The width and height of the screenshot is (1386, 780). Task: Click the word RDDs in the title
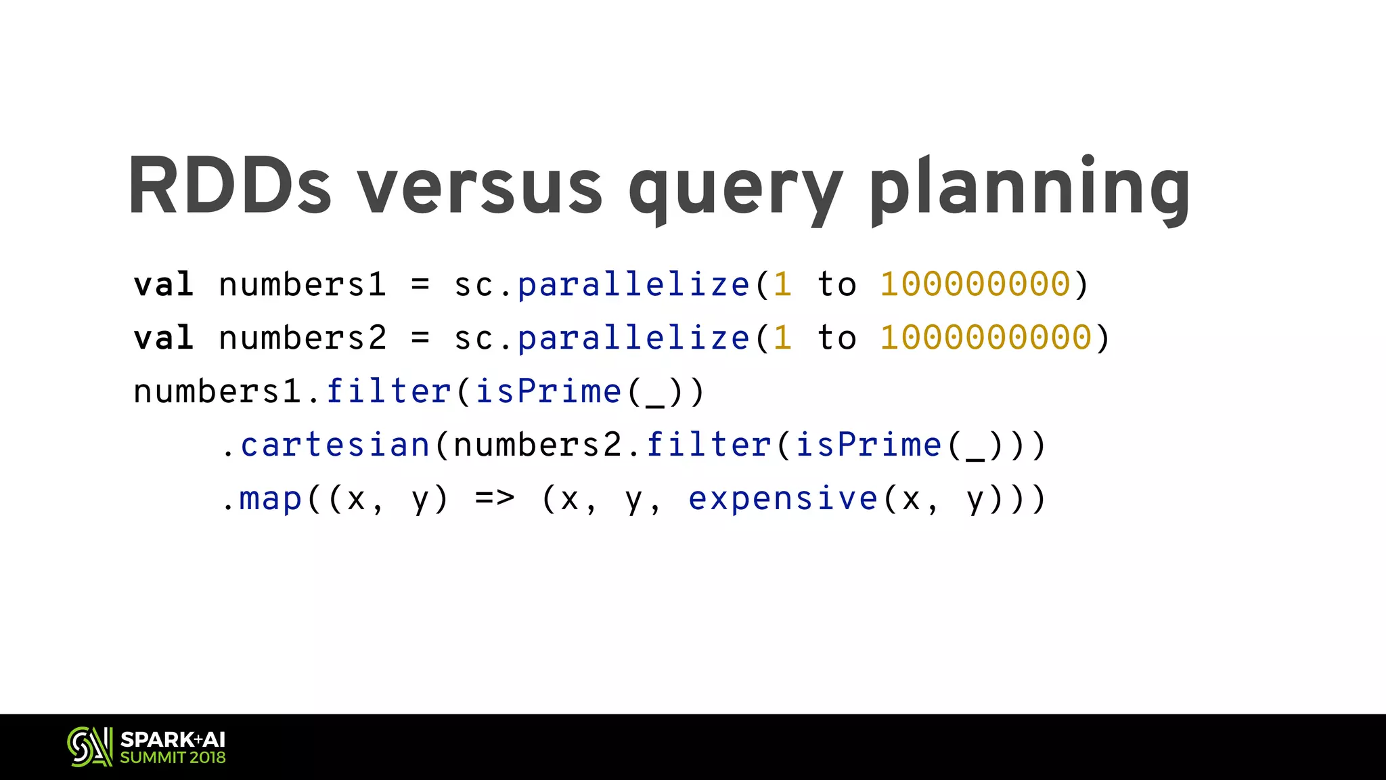[229, 186]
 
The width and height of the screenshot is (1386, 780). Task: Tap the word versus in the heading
[480, 186]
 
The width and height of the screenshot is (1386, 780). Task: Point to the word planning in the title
[1030, 186]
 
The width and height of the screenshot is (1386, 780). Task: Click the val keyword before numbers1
[164, 284]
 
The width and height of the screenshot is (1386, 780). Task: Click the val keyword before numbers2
[164, 338]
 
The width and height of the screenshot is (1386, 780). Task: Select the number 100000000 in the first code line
[975, 284]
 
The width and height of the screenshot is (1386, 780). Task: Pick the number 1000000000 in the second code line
[986, 338]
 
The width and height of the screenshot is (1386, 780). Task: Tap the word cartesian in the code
[336, 445]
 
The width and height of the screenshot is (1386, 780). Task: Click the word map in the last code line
[271, 499]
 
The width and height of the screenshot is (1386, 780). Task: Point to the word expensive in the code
[783, 499]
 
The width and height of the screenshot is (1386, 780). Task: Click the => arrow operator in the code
[495, 499]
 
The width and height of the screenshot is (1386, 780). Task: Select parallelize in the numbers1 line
[634, 284]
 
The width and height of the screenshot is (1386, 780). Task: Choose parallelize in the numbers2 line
[634, 338]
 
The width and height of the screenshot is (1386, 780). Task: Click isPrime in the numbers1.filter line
[548, 391]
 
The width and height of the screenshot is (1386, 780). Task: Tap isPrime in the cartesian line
[868, 445]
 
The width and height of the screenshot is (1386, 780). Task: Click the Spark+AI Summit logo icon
[89, 747]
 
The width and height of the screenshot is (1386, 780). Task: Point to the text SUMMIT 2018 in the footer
[173, 758]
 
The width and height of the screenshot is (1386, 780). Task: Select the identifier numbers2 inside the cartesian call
[538, 445]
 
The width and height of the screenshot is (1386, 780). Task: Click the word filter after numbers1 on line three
[388, 391]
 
